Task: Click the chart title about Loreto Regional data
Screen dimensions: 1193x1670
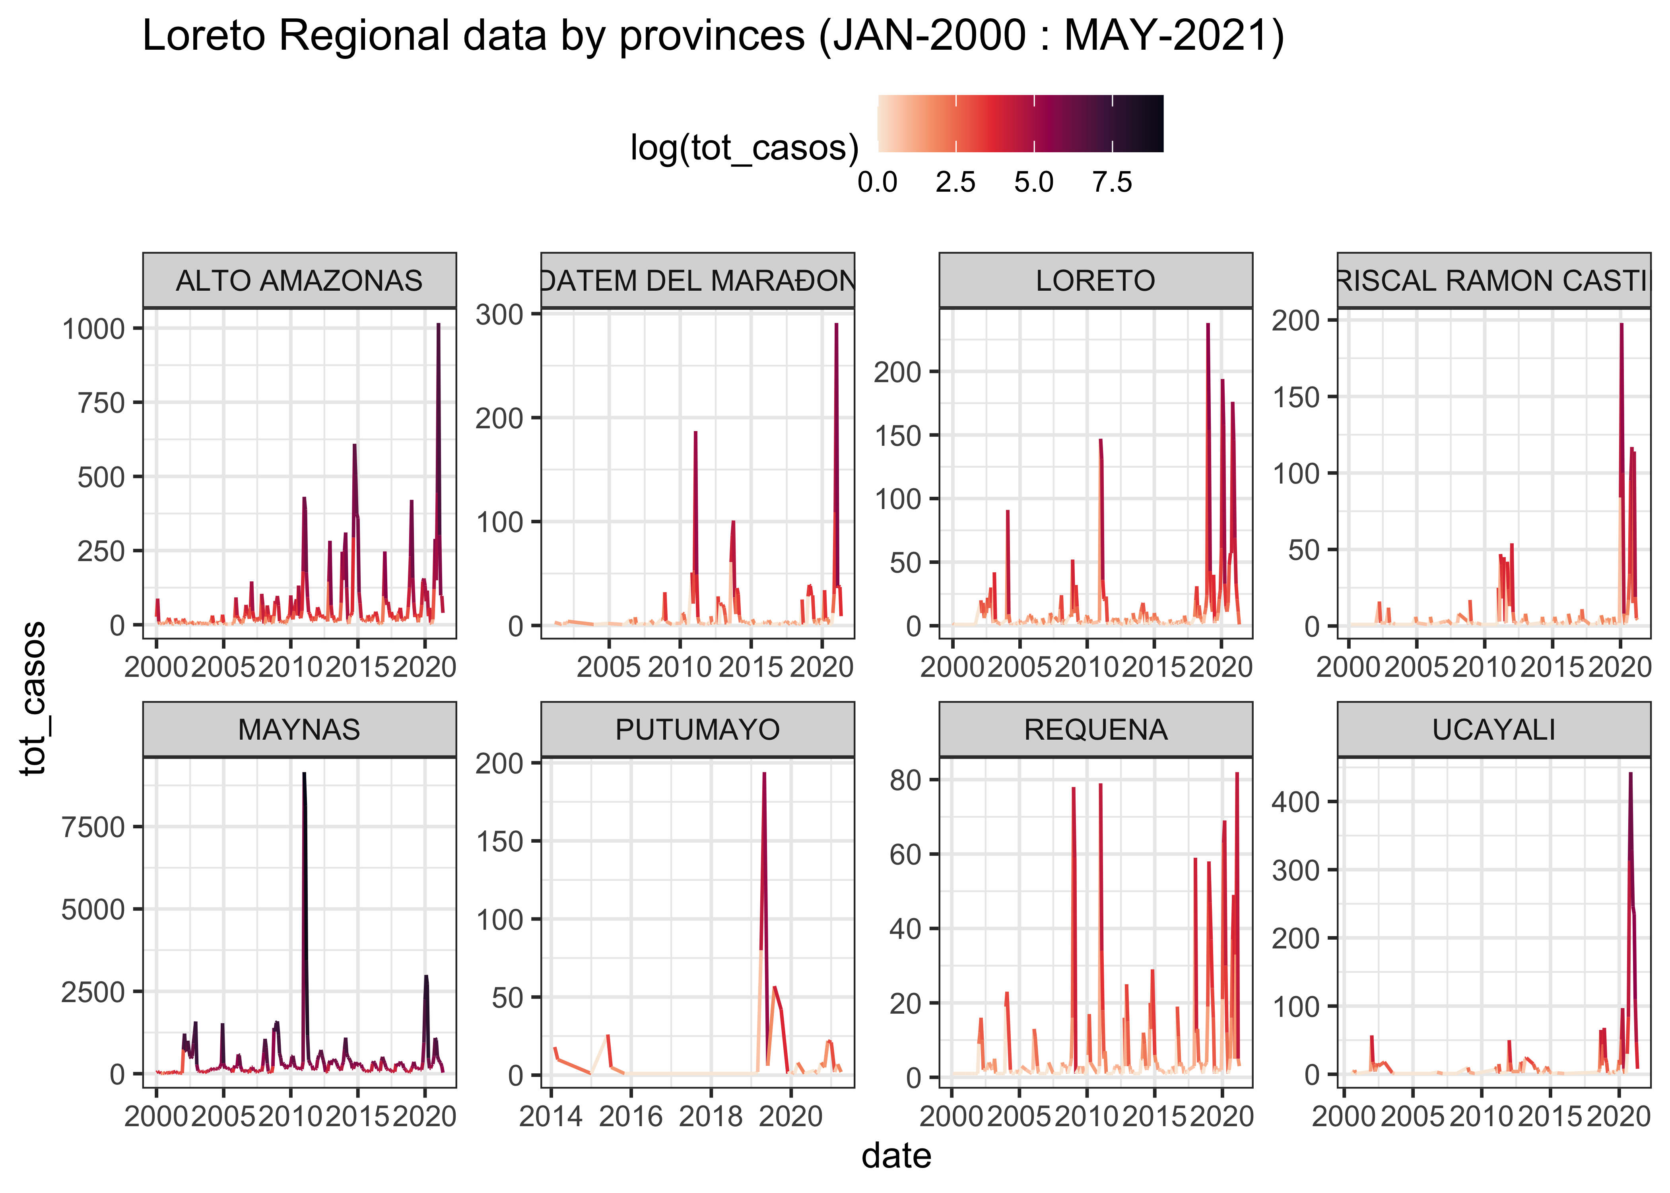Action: click(713, 37)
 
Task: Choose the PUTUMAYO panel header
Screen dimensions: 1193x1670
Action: click(698, 729)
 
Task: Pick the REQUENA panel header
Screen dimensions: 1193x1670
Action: click(1096, 729)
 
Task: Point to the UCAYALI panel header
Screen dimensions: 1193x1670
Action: click(1494, 729)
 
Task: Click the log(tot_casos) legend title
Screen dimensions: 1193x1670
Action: click(744, 148)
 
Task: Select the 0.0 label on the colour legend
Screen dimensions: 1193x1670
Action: click(878, 182)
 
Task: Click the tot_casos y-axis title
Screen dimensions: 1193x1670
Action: click(33, 698)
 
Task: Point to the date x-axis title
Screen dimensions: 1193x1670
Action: click(896, 1156)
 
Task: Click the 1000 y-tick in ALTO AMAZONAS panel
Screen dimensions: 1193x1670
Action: click(93, 329)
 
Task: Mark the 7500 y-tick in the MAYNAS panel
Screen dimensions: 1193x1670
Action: click(93, 827)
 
